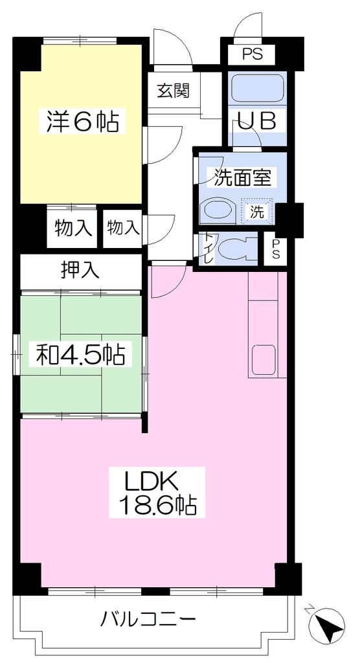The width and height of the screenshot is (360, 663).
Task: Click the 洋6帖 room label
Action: [79, 121]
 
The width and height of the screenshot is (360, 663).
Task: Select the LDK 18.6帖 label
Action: [157, 492]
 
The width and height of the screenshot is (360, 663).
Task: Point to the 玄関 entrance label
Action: [173, 91]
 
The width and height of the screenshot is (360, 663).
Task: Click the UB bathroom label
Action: [258, 121]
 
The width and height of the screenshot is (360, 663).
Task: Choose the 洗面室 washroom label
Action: [242, 177]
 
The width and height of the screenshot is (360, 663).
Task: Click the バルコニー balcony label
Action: [148, 620]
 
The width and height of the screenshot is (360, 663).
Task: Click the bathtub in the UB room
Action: [258, 88]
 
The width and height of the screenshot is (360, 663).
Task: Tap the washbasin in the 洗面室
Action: [217, 209]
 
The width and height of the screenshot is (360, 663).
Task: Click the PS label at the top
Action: [252, 54]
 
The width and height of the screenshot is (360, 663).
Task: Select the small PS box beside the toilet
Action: [275, 249]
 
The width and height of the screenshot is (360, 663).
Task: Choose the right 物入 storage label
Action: [123, 228]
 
